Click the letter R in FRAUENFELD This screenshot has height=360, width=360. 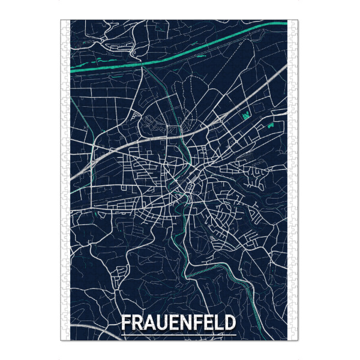(138, 323)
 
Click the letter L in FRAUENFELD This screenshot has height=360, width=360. (217, 323)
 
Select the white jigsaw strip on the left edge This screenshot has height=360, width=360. (65, 180)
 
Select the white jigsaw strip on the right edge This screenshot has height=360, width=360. (293, 180)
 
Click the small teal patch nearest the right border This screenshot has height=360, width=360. (271, 127)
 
